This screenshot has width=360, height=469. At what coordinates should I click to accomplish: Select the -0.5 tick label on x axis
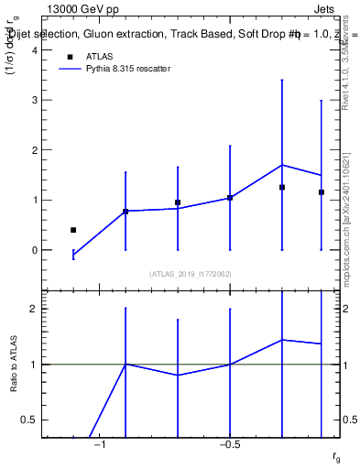230,444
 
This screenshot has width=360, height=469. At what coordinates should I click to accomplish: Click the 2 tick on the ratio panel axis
37,309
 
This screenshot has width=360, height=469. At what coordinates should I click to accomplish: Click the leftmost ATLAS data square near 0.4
73,230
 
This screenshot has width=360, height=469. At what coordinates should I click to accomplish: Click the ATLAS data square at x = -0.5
230,198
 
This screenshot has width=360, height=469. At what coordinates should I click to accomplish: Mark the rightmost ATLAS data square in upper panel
322,192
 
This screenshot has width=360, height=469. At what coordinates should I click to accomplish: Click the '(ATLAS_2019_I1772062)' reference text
191,274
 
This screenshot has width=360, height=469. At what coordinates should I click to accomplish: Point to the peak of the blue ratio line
282,340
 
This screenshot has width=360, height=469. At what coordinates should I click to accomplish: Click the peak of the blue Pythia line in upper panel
282,165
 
